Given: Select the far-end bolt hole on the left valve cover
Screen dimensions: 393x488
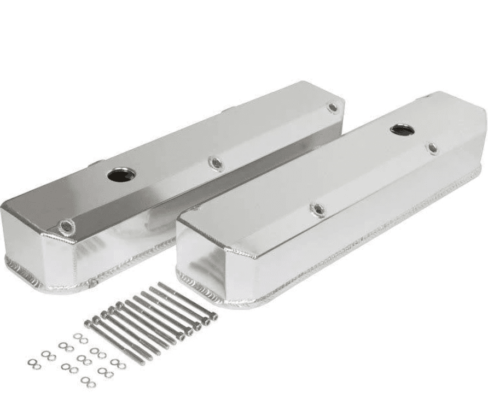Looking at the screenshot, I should click(x=332, y=108).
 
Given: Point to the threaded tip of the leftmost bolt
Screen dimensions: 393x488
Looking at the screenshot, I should click(x=143, y=363).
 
